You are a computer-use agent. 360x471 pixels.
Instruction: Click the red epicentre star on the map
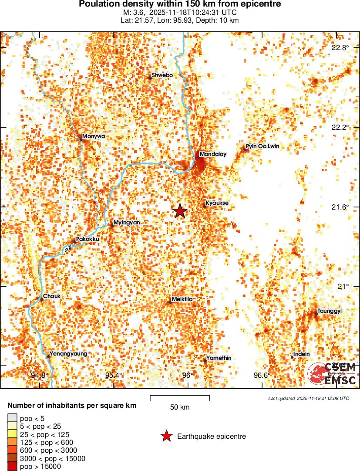(180, 211)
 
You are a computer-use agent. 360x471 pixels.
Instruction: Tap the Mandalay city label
(213, 154)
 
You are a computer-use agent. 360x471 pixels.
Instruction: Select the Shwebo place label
(162, 75)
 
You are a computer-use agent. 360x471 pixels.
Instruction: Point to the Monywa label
(94, 136)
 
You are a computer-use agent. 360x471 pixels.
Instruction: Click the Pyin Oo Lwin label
(262, 146)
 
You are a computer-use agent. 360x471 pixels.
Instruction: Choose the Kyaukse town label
(217, 203)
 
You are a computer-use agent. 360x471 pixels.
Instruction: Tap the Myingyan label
(127, 223)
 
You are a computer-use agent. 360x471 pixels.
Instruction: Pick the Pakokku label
(87, 239)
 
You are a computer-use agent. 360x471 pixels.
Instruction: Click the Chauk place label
(51, 296)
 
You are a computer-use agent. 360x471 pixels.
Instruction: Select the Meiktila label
(182, 299)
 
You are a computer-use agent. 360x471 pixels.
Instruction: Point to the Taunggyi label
(330, 311)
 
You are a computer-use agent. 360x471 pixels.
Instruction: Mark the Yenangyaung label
(68, 354)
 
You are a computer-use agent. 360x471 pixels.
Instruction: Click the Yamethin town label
(219, 358)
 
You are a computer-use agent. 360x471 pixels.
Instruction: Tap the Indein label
(301, 355)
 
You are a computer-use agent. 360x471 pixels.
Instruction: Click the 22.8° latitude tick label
(340, 47)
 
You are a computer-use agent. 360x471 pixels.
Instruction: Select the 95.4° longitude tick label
(114, 375)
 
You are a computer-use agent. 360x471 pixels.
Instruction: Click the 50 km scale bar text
(180, 407)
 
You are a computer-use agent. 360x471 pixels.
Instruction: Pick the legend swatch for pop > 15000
(13, 467)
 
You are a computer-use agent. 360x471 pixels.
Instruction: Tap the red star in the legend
(166, 436)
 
